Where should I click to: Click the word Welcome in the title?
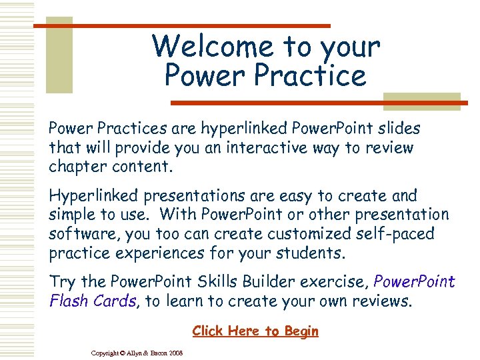pos(212,47)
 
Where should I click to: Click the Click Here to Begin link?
pos(255,331)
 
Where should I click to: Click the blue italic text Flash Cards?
pos(93,301)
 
